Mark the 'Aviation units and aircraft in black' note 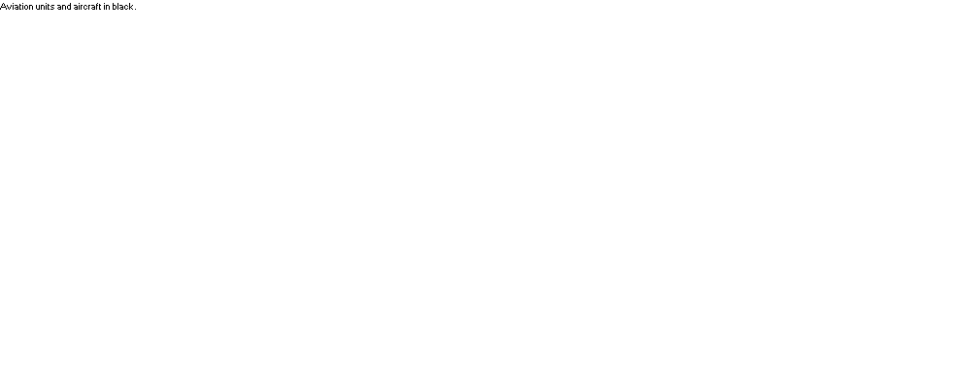[68, 7]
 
